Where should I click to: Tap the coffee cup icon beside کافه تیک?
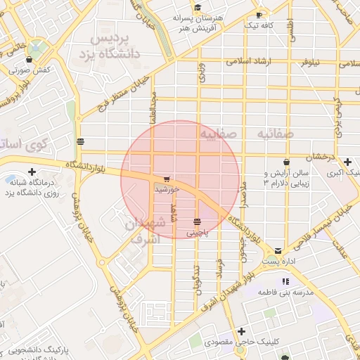click(x=259, y=15)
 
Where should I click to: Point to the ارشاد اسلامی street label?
click(x=247, y=62)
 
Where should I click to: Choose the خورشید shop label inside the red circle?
click(x=167, y=190)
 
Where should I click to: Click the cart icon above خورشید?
click(x=166, y=179)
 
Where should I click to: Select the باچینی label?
click(x=197, y=232)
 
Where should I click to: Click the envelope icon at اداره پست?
click(x=278, y=250)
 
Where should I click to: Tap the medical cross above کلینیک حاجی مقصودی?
click(x=242, y=331)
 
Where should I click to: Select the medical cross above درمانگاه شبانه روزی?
click(x=32, y=172)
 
